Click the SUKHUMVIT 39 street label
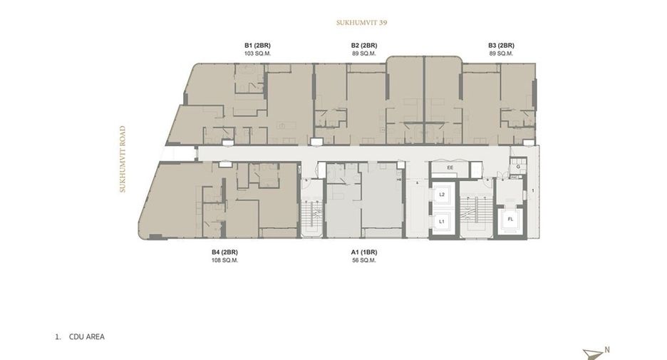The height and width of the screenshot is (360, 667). tap(361, 23)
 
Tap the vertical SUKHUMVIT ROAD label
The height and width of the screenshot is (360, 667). tap(123, 159)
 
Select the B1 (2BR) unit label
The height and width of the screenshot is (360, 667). tap(257, 46)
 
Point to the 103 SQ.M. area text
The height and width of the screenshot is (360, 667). tap(257, 53)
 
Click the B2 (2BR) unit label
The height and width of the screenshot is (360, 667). tap(364, 46)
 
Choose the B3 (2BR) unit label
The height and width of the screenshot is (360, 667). tap(501, 46)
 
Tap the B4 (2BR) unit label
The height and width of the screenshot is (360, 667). tap(224, 252)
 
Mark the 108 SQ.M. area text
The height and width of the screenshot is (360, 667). tap(224, 260)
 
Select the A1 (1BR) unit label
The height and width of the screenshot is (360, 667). tap(364, 252)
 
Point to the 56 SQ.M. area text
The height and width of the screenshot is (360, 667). tap(364, 260)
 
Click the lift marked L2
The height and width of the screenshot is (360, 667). tap(442, 195)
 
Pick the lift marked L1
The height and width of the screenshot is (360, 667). tap(442, 222)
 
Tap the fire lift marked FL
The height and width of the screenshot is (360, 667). tap(510, 220)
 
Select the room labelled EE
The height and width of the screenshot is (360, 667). tap(450, 168)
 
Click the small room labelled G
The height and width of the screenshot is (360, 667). tap(518, 166)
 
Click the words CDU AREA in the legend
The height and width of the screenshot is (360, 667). tap(87, 336)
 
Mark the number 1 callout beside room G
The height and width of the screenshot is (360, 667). tap(533, 190)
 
